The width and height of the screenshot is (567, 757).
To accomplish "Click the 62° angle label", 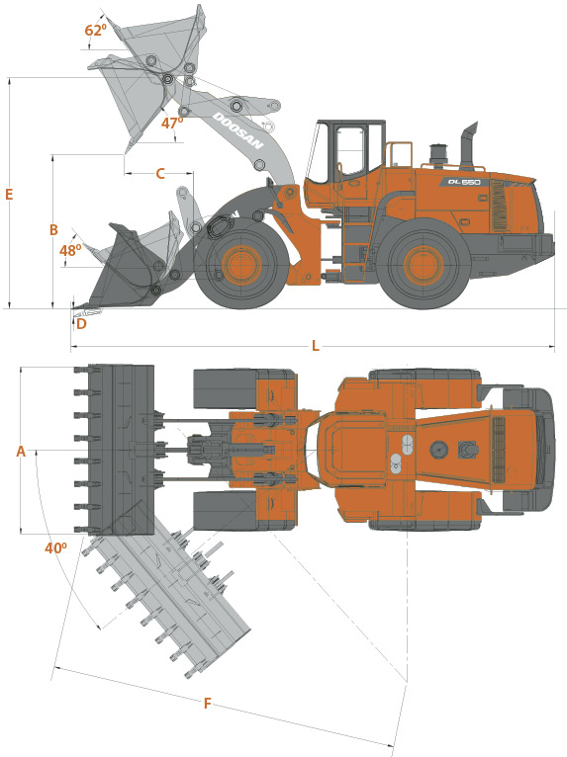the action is pyautogui.click(x=95, y=30).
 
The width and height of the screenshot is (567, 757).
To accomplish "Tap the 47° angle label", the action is pyautogui.click(x=172, y=124).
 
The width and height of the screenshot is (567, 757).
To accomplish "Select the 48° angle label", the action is pyautogui.click(x=70, y=251).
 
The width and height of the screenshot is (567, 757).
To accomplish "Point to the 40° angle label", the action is pyautogui.click(x=55, y=547).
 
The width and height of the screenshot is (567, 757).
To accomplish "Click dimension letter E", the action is pyautogui.click(x=9, y=194).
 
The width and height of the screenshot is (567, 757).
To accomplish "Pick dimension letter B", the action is pyautogui.click(x=53, y=230).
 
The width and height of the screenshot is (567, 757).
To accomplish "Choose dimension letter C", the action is pyautogui.click(x=160, y=173).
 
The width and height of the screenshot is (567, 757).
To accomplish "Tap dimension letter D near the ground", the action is pyautogui.click(x=81, y=323).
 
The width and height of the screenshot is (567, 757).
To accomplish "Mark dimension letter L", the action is pyautogui.click(x=315, y=346).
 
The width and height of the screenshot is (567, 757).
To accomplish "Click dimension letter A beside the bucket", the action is pyautogui.click(x=21, y=451).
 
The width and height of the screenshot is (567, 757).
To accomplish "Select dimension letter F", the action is pyautogui.click(x=208, y=704).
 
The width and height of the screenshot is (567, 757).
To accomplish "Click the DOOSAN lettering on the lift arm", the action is pyautogui.click(x=238, y=130).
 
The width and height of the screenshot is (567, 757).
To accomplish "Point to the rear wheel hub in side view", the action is pyautogui.click(x=424, y=265).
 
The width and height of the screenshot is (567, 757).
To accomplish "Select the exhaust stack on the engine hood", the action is pyautogui.click(x=467, y=144).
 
